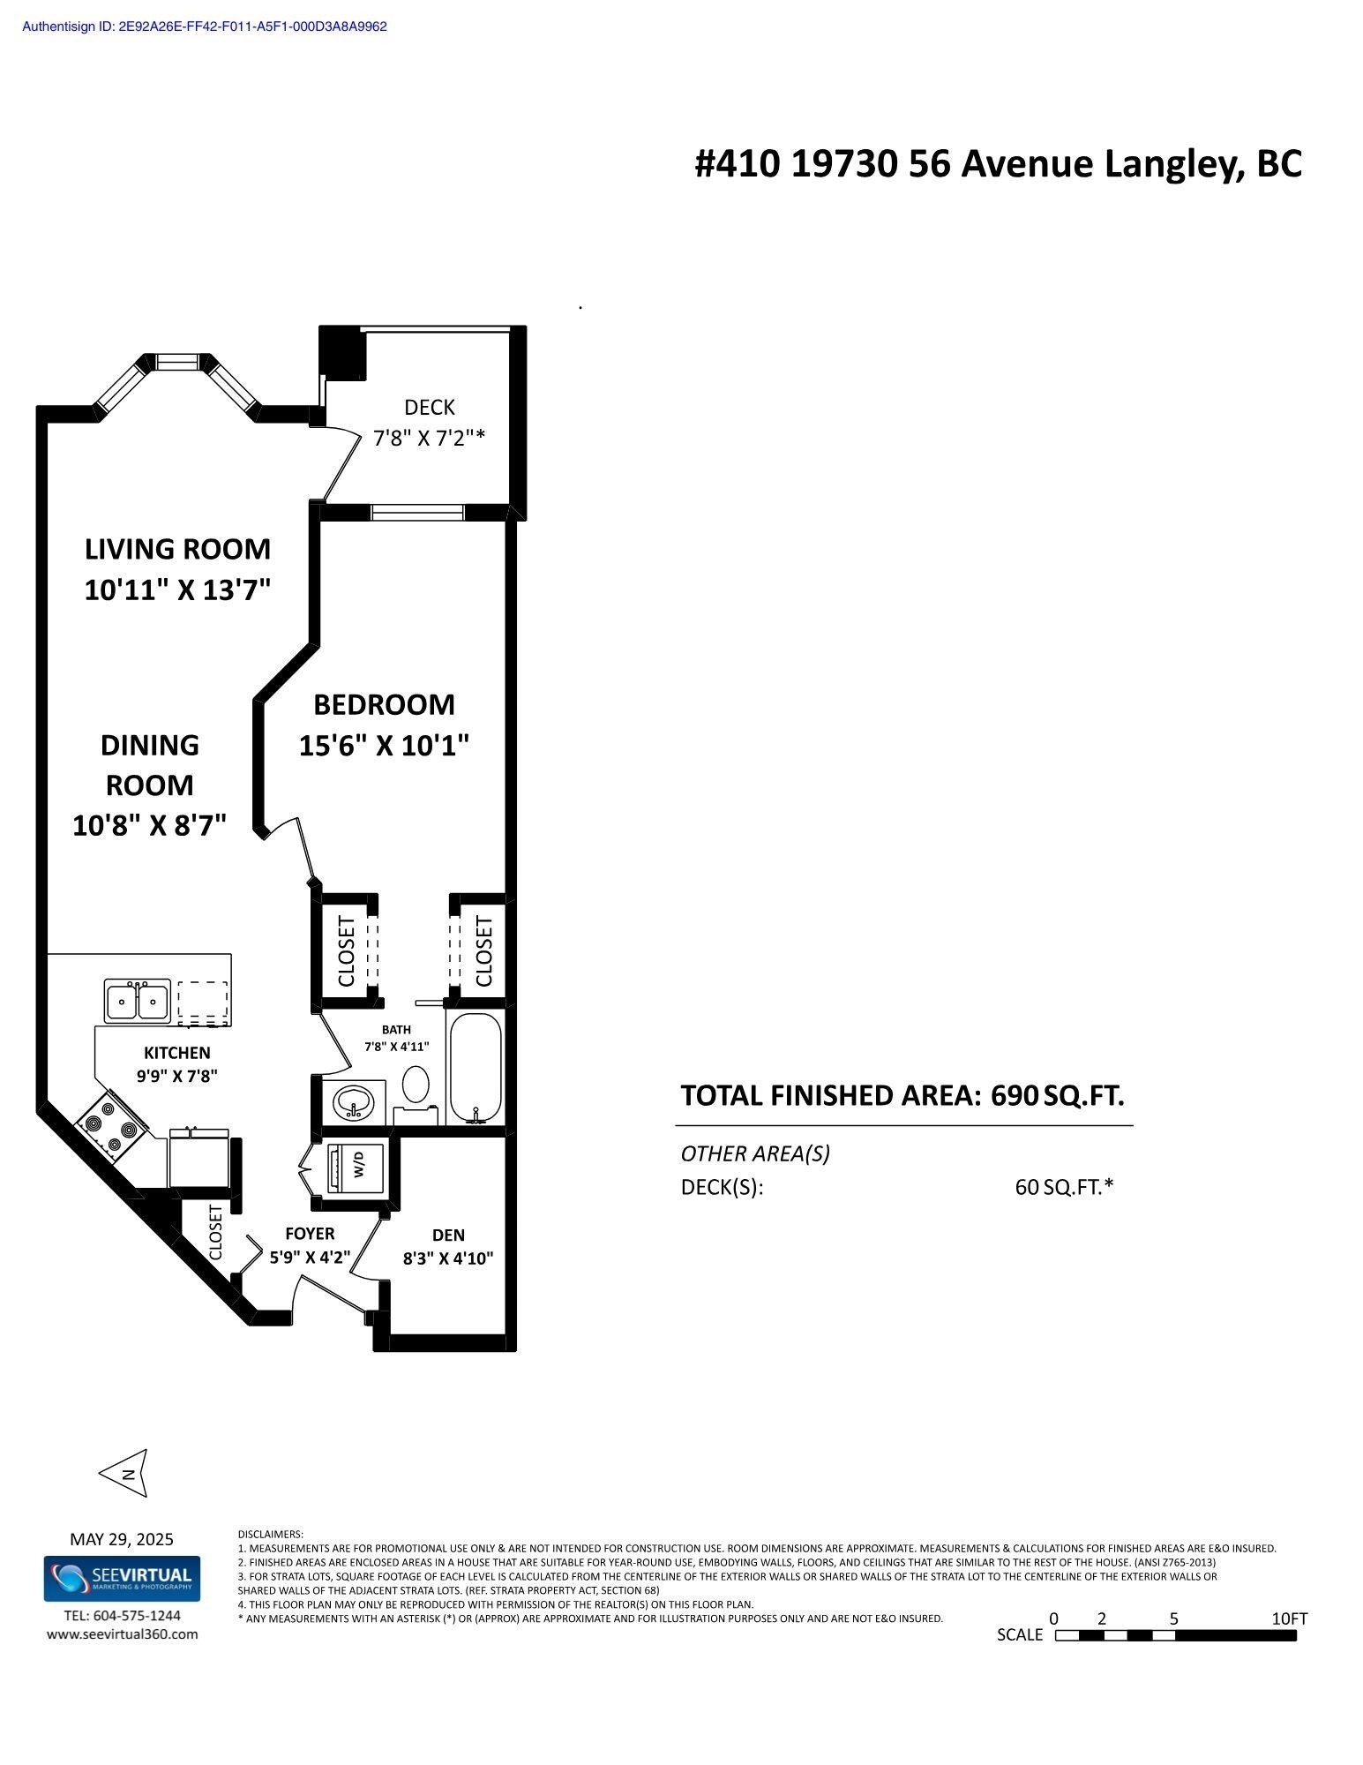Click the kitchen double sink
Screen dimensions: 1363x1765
[x=137, y=1000]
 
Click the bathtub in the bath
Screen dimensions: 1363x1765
[x=476, y=1069]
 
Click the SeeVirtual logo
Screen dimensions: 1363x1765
[x=123, y=1579]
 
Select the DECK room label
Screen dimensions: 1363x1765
[x=430, y=407]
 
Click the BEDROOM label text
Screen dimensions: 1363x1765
[x=384, y=704]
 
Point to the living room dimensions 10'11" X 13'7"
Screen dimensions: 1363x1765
[x=177, y=590]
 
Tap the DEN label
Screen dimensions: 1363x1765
[x=448, y=1235]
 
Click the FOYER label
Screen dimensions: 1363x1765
[x=310, y=1233]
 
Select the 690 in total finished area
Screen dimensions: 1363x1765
[x=1014, y=1095]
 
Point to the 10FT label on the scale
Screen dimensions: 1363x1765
[x=1289, y=1619]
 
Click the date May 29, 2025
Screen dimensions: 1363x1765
[x=122, y=1539]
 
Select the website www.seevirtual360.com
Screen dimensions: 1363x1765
[x=123, y=1634]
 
